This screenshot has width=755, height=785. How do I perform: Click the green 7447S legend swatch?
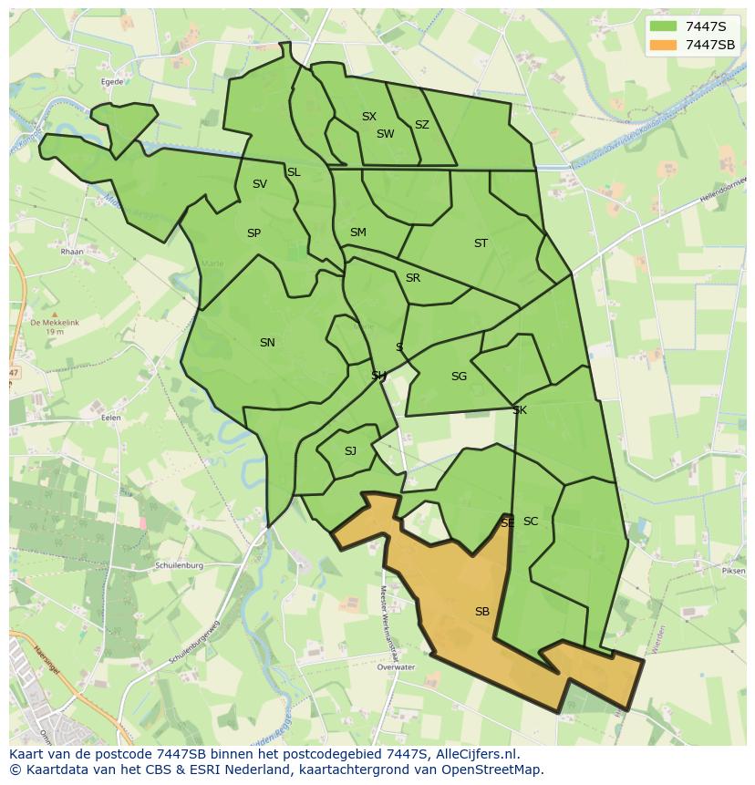[x=664, y=26]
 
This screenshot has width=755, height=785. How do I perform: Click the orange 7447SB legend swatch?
[x=664, y=45]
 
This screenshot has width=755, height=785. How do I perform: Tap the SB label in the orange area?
[x=481, y=612]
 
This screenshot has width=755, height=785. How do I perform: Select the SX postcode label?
[x=368, y=117]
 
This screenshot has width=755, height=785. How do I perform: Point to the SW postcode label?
[x=385, y=134]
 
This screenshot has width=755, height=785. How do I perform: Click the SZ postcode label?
[x=421, y=125]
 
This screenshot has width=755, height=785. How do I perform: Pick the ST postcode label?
[x=481, y=243]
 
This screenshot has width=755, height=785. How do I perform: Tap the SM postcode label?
[x=357, y=232]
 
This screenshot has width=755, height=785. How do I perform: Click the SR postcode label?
[x=412, y=278]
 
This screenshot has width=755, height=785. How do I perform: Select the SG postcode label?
[x=459, y=377]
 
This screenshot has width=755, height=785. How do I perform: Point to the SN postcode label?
[x=267, y=343]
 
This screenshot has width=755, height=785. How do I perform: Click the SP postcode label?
[x=253, y=233]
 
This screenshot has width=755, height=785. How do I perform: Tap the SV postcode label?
[x=260, y=184]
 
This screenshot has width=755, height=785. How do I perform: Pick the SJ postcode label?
[x=350, y=451]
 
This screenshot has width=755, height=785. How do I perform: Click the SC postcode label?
[x=531, y=522]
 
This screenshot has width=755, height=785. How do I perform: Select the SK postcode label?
[x=520, y=410]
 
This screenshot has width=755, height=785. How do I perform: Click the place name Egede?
[x=112, y=81]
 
